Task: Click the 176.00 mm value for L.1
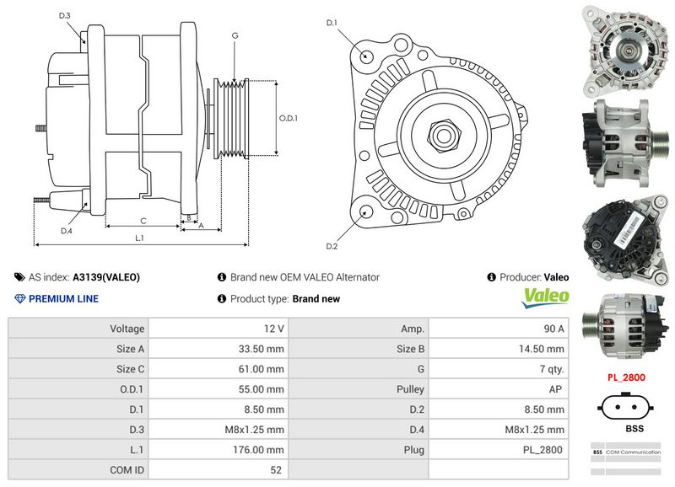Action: [263, 450]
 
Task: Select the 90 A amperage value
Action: [553, 329]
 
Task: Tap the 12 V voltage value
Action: [273, 329]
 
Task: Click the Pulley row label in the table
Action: [410, 389]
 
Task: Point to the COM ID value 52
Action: [275, 470]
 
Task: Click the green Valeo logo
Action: [546, 297]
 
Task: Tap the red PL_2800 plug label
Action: [626, 377]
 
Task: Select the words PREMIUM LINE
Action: [63, 298]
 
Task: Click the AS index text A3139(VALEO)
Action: [106, 276]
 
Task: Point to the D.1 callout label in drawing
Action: [332, 22]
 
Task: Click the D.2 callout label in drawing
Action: [332, 246]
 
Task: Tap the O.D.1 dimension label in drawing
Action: [289, 118]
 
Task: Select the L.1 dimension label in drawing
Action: [140, 238]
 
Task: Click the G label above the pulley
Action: [235, 35]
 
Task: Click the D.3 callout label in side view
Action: [65, 16]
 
